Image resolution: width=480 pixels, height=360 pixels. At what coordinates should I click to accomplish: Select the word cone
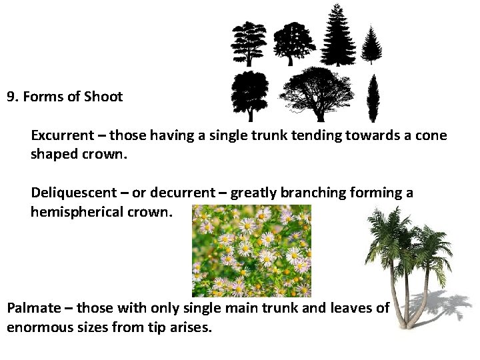431,135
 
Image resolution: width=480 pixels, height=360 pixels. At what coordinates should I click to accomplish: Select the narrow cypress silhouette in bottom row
373,99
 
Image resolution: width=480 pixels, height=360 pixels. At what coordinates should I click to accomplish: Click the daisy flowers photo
251,251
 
